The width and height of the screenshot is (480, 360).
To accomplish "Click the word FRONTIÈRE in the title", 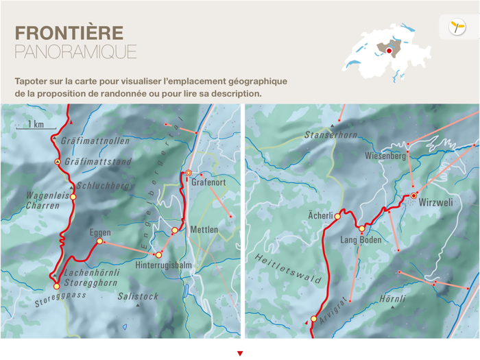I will [x=69, y=33].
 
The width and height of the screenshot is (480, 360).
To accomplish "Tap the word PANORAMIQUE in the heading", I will [x=75, y=51].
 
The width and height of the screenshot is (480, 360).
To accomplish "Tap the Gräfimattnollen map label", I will [x=95, y=141].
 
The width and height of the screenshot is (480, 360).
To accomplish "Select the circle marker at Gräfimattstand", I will [x=58, y=162].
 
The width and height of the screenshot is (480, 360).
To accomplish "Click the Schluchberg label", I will [x=104, y=185].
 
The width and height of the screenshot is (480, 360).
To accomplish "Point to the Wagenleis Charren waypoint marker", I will [x=73, y=197].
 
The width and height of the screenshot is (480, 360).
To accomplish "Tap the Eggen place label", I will [x=100, y=233].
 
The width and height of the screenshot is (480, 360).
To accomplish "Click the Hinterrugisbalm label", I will [x=163, y=265].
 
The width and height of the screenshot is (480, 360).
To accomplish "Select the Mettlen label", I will [x=204, y=230].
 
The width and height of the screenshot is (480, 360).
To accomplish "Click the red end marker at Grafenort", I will [x=189, y=173].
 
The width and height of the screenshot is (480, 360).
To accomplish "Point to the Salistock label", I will [x=138, y=297].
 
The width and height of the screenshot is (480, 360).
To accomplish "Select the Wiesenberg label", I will [x=385, y=156].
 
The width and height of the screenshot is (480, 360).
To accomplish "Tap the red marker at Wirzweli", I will [x=413, y=196].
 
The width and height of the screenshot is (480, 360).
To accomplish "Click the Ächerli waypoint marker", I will [x=337, y=217].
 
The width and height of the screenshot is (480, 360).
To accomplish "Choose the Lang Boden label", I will [x=361, y=240].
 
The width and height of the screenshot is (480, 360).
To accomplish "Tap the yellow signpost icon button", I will [x=457, y=27].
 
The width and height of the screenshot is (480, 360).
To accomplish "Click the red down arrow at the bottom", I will [x=240, y=354].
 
